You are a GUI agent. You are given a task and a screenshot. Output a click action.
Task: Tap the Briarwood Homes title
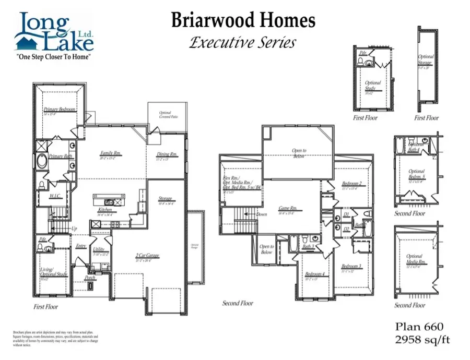pos(243,21)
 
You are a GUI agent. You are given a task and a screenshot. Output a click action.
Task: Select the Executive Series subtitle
pos(243,42)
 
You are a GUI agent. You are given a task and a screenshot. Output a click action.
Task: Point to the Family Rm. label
pos(111,153)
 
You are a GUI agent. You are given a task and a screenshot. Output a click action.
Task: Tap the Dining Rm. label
pos(167,154)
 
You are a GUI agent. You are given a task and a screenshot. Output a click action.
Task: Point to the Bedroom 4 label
pos(315,274)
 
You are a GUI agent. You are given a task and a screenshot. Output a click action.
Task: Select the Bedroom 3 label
pos(351,266)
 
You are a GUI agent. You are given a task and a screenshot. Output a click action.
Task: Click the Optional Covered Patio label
pos(165,115)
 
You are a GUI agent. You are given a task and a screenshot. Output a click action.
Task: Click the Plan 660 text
pos(418,327)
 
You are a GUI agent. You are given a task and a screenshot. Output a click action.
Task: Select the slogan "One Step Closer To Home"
pos(54,56)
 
